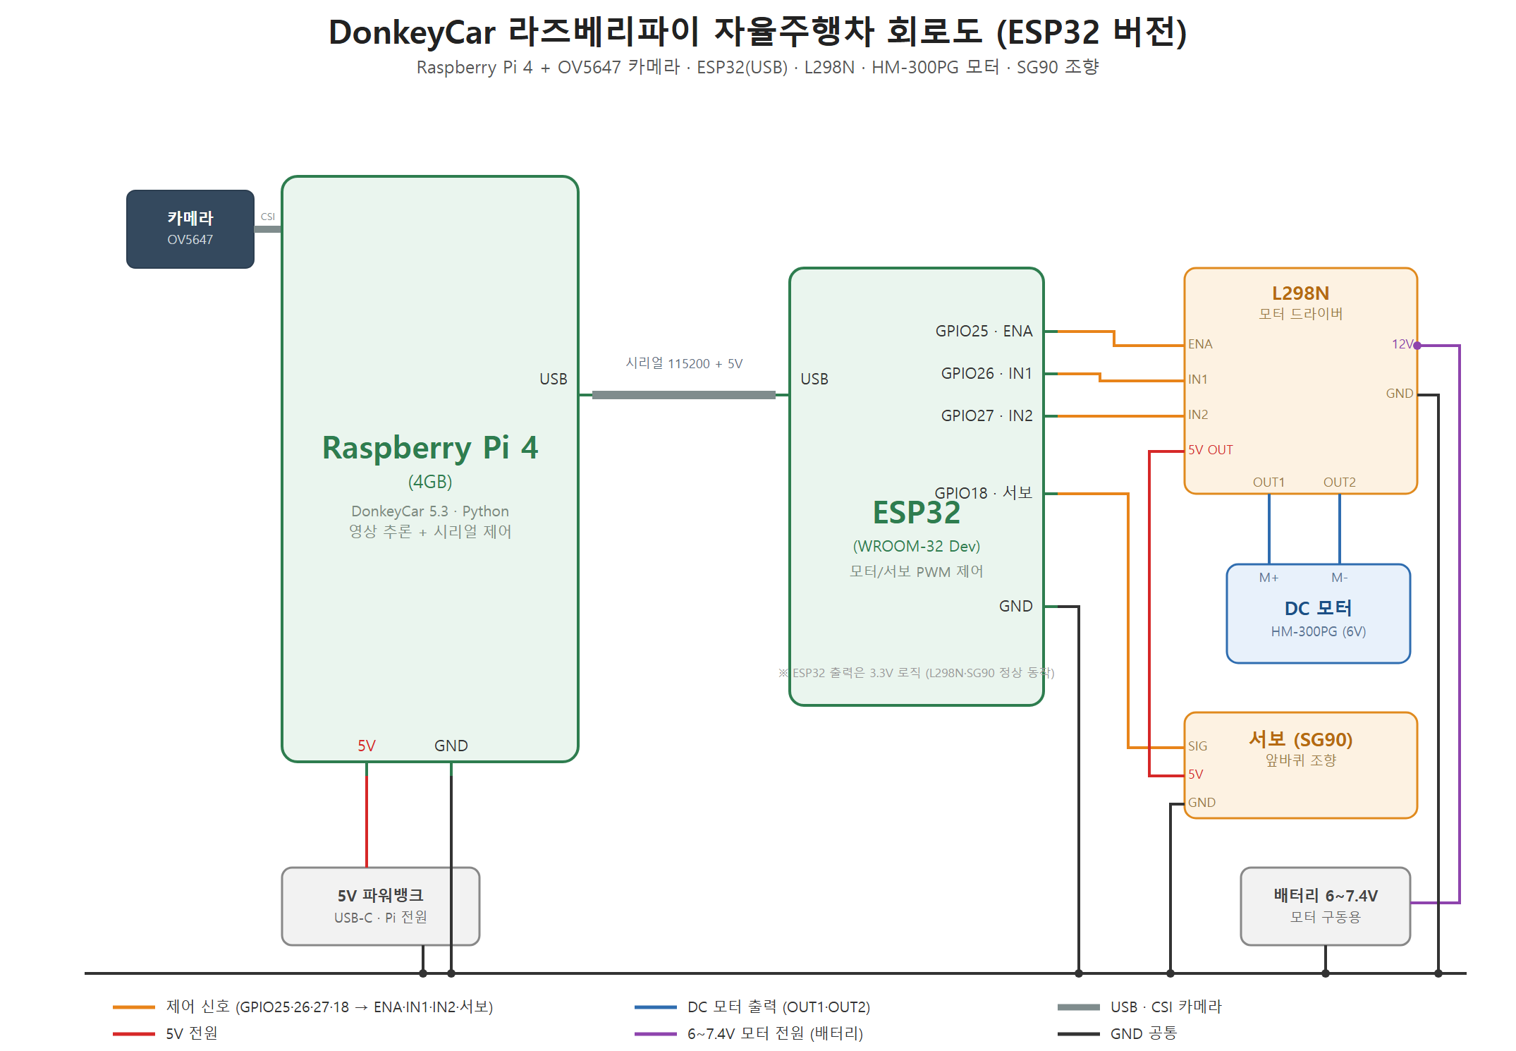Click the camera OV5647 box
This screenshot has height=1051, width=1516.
tap(190, 229)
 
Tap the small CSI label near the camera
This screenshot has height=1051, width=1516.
tap(268, 217)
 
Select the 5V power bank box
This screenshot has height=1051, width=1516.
tap(381, 906)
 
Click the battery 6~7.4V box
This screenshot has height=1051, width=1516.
tap(1326, 906)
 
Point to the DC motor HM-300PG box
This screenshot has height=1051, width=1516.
tap(1319, 614)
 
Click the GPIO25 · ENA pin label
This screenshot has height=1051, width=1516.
tap(984, 331)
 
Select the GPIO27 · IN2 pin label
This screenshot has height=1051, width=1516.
tap(986, 415)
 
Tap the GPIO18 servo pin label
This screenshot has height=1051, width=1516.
tap(983, 492)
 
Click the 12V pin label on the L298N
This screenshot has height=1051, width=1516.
tap(1402, 344)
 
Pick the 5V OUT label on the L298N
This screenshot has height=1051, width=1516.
tap(1211, 450)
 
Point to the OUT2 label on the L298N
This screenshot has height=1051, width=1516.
tap(1340, 482)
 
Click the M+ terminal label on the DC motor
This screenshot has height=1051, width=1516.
tap(1269, 578)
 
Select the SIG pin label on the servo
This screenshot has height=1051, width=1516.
tap(1197, 746)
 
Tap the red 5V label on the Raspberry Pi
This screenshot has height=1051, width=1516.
tap(367, 746)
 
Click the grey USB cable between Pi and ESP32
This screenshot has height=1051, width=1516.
tap(684, 395)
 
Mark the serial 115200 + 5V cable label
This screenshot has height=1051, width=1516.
tap(684, 363)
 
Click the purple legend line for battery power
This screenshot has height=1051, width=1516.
tap(656, 1034)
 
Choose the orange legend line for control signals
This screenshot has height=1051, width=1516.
tap(134, 1007)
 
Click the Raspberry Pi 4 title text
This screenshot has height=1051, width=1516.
tap(430, 448)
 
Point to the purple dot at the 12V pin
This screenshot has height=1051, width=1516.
tap(1417, 346)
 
